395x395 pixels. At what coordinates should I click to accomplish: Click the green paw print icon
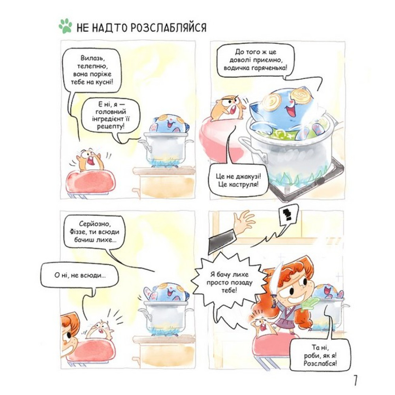pos(65,26)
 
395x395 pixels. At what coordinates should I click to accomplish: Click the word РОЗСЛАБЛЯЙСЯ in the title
pos(169,27)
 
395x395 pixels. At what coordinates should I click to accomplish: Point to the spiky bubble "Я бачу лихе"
pos(229,282)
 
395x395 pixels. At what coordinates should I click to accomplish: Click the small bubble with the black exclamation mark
pos(288,216)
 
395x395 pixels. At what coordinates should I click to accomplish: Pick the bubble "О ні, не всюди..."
pos(80,275)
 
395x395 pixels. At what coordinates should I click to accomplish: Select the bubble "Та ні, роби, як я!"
pos(320,355)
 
